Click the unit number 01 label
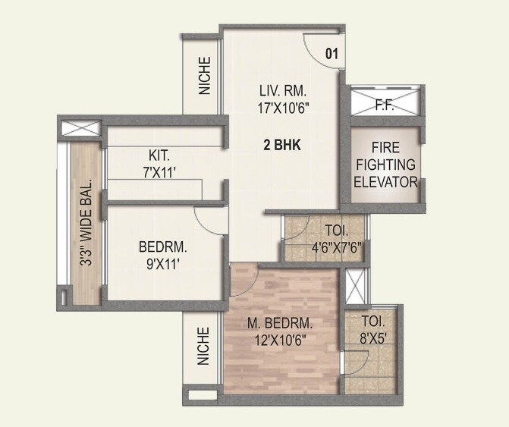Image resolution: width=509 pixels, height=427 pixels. [331, 53]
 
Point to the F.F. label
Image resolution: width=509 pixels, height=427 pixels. [384, 107]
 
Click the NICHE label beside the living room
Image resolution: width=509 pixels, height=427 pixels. [204, 76]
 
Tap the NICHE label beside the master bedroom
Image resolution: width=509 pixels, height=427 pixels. [203, 346]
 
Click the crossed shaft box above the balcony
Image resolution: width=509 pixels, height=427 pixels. [78, 129]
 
